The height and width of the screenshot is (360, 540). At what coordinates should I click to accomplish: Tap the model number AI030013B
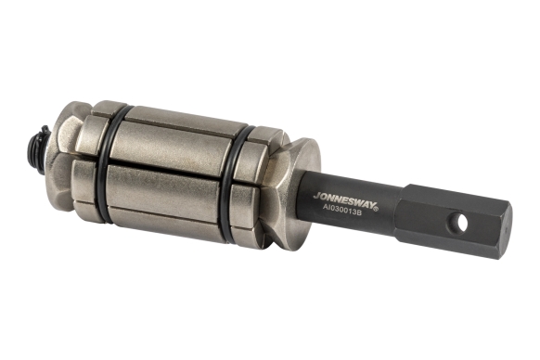tap(341, 210)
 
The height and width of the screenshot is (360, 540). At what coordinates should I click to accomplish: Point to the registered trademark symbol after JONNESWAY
tap(376, 208)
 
